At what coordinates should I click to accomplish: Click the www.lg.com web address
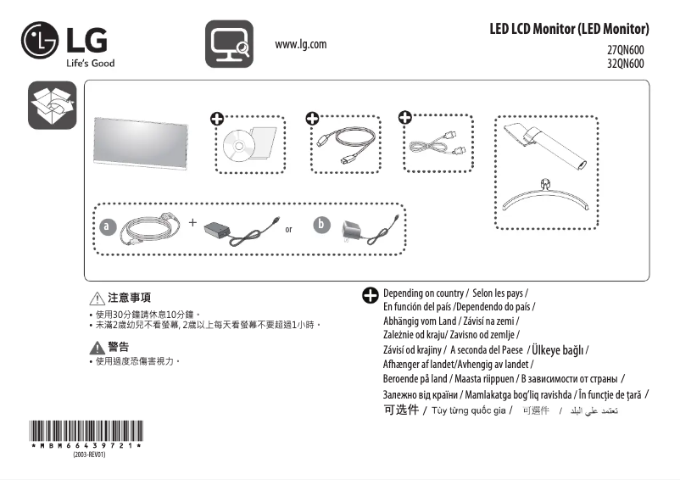[301, 44]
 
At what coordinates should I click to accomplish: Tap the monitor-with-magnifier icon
[229, 44]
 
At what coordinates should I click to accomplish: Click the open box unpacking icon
[52, 106]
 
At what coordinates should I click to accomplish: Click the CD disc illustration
[239, 146]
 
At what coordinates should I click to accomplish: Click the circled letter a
[106, 227]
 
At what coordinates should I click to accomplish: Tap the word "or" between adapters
[289, 230]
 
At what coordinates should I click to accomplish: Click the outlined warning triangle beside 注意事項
[97, 299]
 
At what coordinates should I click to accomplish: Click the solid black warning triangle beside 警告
[97, 347]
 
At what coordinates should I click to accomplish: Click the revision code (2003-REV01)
[88, 455]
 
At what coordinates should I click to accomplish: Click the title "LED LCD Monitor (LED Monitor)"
[569, 29]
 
